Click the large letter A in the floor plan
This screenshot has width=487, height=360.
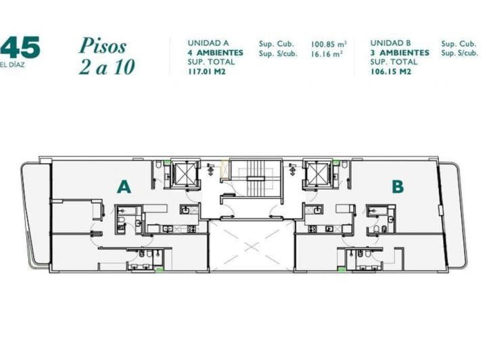[x=123, y=186]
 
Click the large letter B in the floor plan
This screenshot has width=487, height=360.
[x=398, y=186]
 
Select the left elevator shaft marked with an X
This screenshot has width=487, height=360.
[x=183, y=173]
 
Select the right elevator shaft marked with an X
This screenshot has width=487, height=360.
[x=316, y=173]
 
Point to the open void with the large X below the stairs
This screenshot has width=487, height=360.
[x=252, y=244]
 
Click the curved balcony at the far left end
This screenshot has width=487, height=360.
[x=35, y=213]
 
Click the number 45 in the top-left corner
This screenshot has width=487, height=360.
[x=20, y=48]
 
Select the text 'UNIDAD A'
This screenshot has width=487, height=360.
[x=208, y=43]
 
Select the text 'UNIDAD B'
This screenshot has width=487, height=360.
[x=392, y=43]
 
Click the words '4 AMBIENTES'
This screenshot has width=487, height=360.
[x=215, y=53]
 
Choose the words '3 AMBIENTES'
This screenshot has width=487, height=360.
[x=399, y=53]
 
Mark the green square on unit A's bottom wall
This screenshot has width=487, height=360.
[x=158, y=270]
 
